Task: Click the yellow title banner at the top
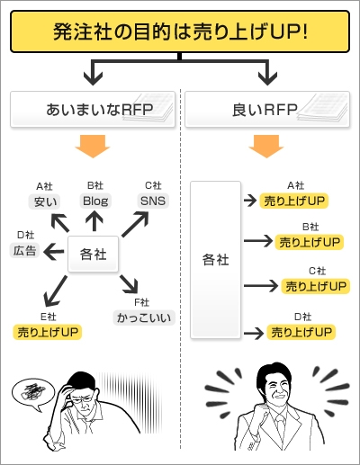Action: point(180,31)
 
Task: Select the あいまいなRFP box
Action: point(93,109)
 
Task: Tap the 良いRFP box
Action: point(267,109)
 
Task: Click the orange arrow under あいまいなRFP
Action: point(93,147)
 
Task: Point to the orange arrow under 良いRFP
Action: point(266,147)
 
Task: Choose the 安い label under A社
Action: point(45,201)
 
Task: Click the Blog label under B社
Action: point(95,201)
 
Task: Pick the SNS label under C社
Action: point(153,201)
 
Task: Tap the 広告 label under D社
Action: point(25,251)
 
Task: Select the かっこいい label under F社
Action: point(144,317)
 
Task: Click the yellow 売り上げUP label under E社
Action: point(48,332)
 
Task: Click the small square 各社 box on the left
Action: point(93,255)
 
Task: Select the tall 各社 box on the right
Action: point(216,260)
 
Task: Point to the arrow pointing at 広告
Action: point(54,251)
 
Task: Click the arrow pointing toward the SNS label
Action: point(135,224)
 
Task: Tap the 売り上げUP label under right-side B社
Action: point(310,242)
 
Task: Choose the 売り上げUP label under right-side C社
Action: point(316,286)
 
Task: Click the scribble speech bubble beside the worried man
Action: point(32,393)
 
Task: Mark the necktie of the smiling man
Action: point(280,426)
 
